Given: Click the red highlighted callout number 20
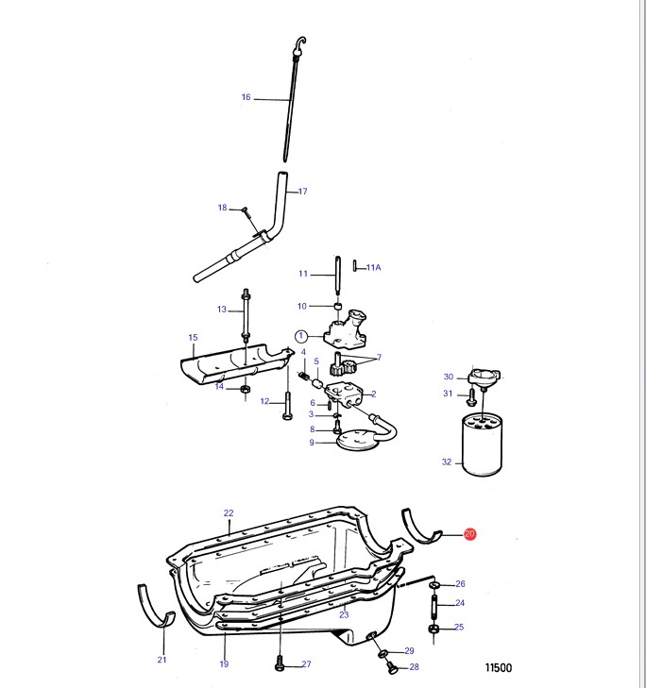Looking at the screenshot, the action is click(x=469, y=533).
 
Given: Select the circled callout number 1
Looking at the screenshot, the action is click(x=301, y=337).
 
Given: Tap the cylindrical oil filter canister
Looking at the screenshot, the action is click(x=483, y=445).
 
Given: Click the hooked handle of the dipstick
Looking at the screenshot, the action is click(x=300, y=43).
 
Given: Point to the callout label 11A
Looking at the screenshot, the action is click(x=373, y=267).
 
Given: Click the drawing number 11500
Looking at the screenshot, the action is click(x=499, y=668).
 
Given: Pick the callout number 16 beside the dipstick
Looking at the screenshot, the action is click(x=246, y=97).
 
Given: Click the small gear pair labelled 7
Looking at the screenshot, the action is click(x=343, y=365).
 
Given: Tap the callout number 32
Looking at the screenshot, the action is click(x=447, y=461).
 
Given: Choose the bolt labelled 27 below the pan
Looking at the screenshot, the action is click(x=280, y=663).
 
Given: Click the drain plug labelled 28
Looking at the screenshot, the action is click(x=392, y=667).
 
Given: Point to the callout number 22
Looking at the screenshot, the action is click(x=229, y=512).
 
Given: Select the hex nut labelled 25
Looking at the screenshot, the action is click(x=433, y=629).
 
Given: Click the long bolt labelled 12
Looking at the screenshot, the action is click(x=287, y=404).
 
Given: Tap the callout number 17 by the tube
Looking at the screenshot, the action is click(x=302, y=192).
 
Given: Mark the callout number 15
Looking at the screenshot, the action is click(x=193, y=338).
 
